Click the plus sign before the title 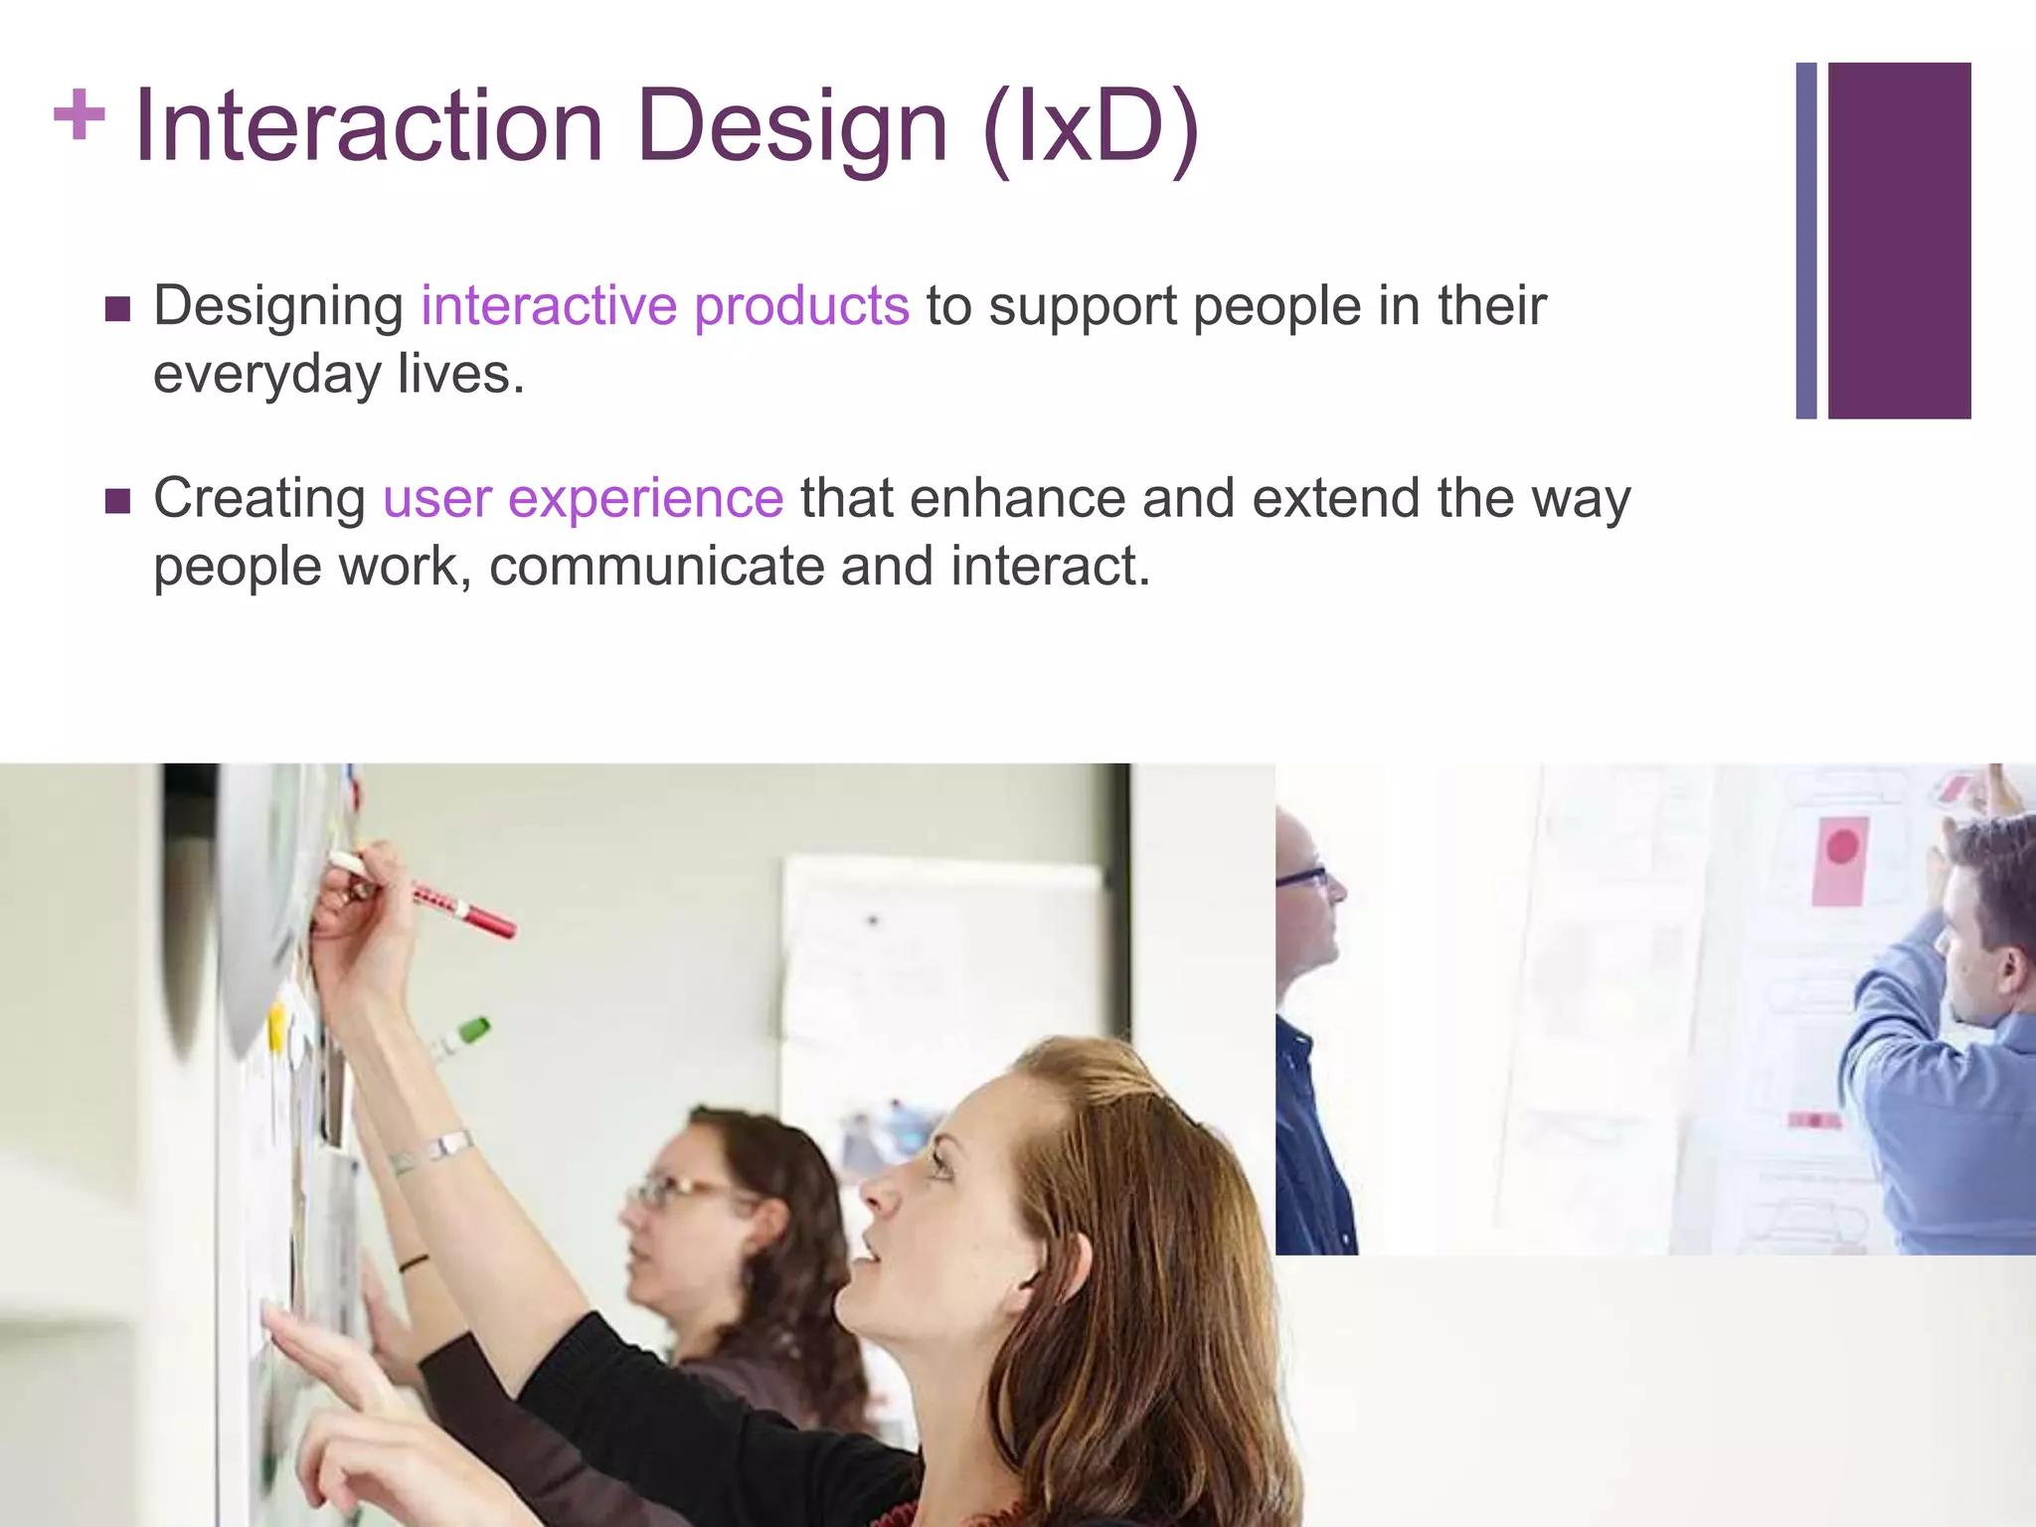pos(79,115)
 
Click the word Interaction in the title pos(368,126)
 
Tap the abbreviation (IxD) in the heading pos(1091,126)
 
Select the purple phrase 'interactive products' pos(664,305)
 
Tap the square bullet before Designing pos(117,309)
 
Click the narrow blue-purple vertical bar pos(1806,240)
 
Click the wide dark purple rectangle pos(1899,240)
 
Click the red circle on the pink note pos(1842,847)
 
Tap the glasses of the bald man pos(1302,878)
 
